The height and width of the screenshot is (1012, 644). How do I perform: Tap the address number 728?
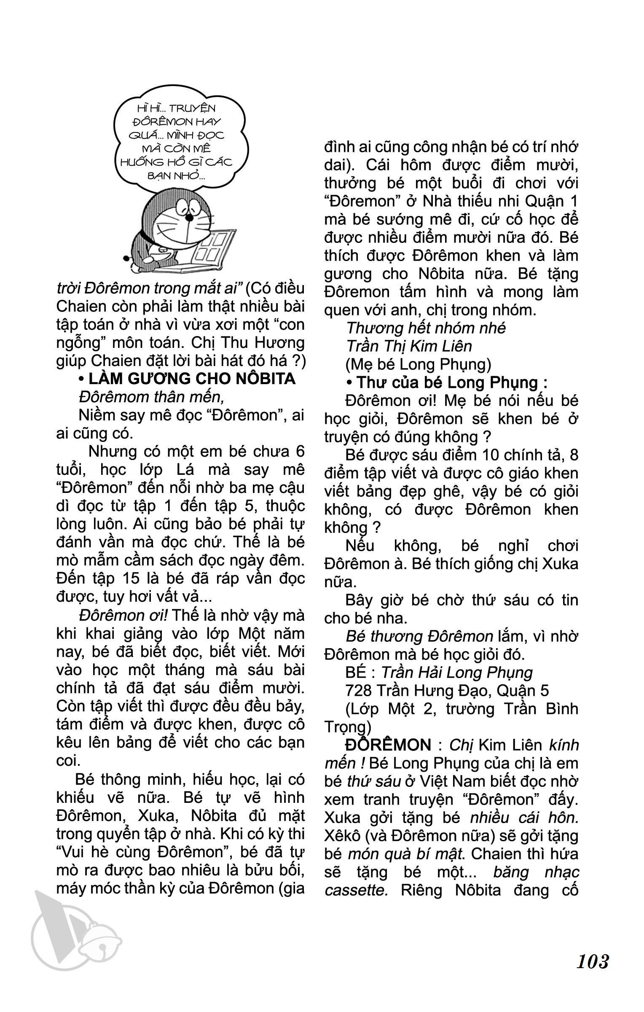358,690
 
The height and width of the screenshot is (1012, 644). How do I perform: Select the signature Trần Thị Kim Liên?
408,346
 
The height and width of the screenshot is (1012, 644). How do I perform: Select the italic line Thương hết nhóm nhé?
426,328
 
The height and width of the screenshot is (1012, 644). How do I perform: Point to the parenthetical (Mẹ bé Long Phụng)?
418,364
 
